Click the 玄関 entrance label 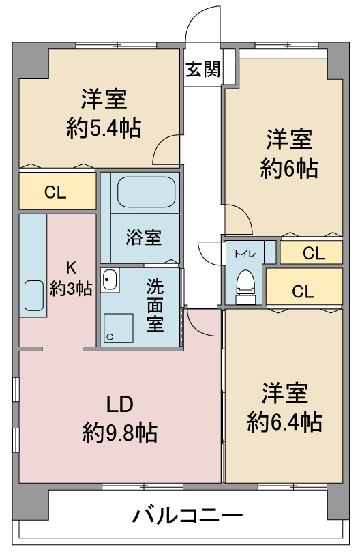click(203, 70)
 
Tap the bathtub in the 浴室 click(147, 192)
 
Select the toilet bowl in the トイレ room click(245, 286)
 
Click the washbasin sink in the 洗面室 click(110, 280)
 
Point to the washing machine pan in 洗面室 click(118, 328)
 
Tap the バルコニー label click(187, 516)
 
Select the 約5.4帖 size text click(104, 128)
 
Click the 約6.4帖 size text click(284, 422)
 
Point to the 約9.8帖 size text click(120, 433)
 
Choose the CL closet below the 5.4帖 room click(57, 191)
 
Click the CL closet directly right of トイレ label click(312, 252)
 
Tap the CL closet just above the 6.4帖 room click(304, 287)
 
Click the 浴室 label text click(144, 237)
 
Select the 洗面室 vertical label click(155, 305)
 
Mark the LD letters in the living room click(119, 404)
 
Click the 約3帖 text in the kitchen click(71, 289)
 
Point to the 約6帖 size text click(289, 168)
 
